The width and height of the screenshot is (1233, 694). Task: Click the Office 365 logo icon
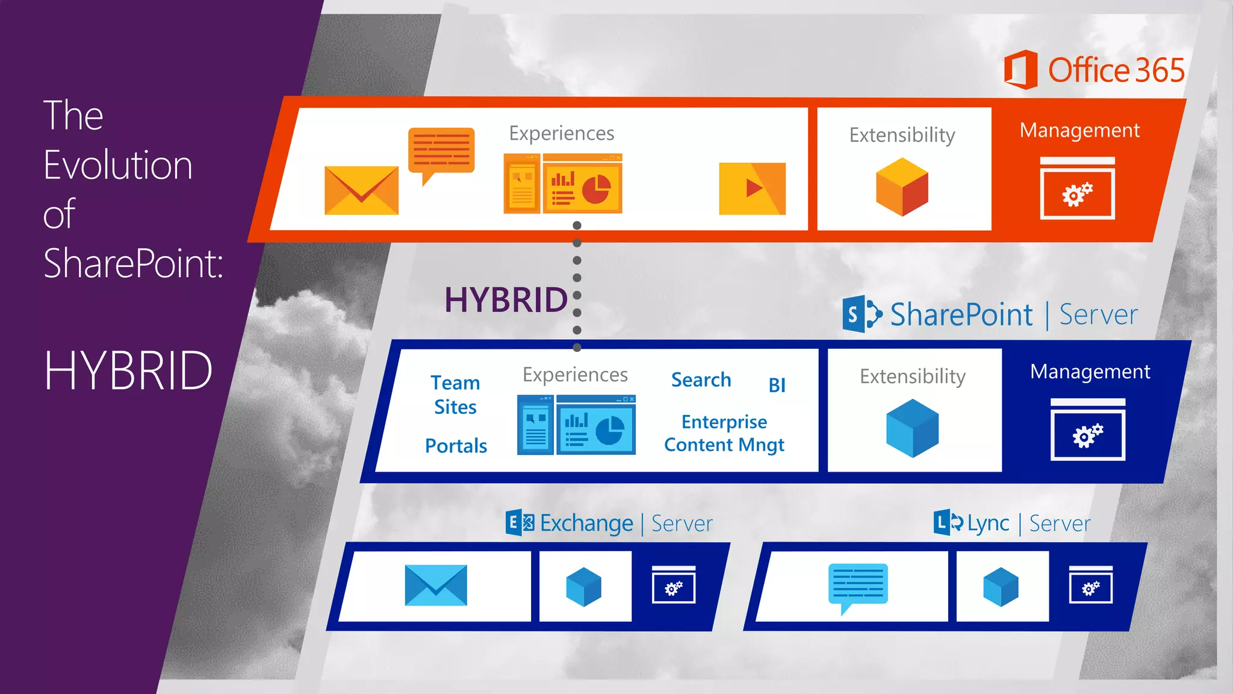click(1020, 70)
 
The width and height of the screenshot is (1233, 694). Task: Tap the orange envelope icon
click(361, 190)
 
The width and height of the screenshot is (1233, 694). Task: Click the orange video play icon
click(752, 189)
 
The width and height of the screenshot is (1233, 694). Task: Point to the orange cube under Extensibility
click(902, 187)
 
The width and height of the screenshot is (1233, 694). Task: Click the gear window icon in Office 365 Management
click(1077, 189)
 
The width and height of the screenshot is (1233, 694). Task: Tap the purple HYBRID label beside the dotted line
click(506, 300)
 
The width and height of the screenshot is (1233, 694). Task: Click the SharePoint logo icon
click(862, 314)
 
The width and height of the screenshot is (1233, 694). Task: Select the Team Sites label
click(455, 395)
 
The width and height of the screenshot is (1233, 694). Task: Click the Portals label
click(456, 446)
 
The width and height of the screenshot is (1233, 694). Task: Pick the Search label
click(701, 380)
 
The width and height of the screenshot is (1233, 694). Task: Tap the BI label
click(777, 385)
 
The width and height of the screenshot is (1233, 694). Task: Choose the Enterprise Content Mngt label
click(724, 433)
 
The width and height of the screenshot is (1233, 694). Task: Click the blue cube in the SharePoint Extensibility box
click(912, 428)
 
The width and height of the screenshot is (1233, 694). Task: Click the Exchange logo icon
click(520, 522)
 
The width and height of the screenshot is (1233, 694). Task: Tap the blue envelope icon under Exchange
click(436, 585)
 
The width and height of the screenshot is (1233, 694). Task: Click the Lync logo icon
click(948, 522)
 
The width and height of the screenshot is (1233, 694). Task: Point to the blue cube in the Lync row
click(1001, 587)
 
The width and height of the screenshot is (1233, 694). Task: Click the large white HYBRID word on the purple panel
click(128, 370)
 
